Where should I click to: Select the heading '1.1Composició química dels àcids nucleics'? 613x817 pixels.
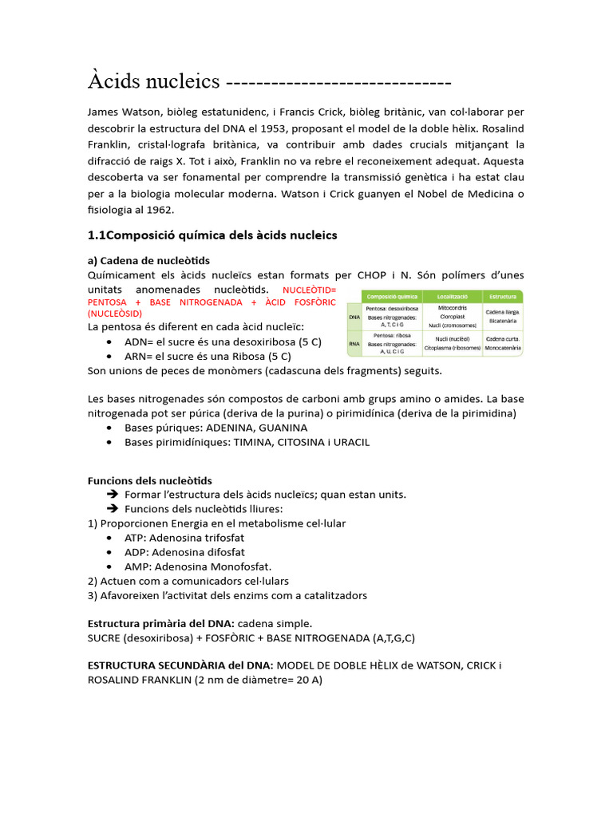click(x=212, y=235)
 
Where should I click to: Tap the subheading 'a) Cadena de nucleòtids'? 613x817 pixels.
click(x=148, y=261)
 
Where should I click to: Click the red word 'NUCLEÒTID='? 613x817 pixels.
click(x=310, y=289)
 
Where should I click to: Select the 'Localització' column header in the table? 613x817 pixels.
click(x=453, y=296)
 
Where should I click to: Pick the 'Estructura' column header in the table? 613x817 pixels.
click(x=502, y=296)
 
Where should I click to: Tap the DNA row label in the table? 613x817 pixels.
click(x=354, y=317)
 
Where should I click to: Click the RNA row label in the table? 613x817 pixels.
click(x=354, y=344)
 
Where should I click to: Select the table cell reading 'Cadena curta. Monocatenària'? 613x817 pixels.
click(x=503, y=344)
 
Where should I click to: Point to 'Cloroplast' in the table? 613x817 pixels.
click(x=453, y=316)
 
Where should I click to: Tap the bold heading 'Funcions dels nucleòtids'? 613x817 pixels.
click(x=149, y=480)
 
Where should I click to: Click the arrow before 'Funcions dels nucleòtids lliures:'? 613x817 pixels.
click(x=113, y=509)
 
